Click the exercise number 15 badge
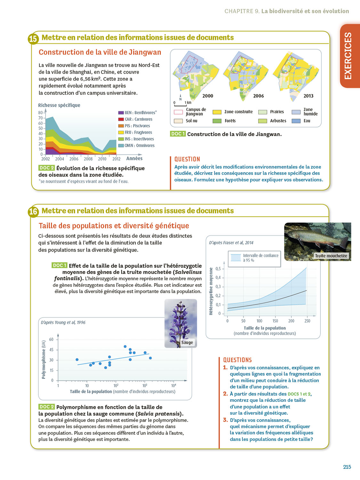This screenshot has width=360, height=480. [x=33, y=39]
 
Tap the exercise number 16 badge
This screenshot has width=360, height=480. [x=33, y=212]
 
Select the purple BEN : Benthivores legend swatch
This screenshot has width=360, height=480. [x=121, y=113]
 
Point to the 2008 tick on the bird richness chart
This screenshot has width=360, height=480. [x=88, y=159]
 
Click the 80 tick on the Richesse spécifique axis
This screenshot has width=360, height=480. [x=40, y=113]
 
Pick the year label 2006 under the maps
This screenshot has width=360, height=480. [x=258, y=96]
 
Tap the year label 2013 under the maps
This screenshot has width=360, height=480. [x=308, y=96]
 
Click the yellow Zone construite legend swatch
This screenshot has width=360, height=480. [x=217, y=112]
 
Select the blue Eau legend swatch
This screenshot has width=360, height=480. [x=296, y=121]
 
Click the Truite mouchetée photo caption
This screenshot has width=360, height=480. [x=331, y=256]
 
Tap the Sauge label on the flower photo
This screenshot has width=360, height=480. [x=187, y=342]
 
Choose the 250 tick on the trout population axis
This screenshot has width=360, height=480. [x=307, y=321]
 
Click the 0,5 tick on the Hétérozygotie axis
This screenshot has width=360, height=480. [x=218, y=269]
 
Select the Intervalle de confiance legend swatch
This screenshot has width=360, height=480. [x=236, y=258]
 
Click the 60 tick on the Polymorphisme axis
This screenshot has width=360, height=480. [x=51, y=339]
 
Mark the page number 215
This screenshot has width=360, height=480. [x=347, y=467]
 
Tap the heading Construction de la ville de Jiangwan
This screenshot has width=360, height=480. [x=100, y=52]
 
